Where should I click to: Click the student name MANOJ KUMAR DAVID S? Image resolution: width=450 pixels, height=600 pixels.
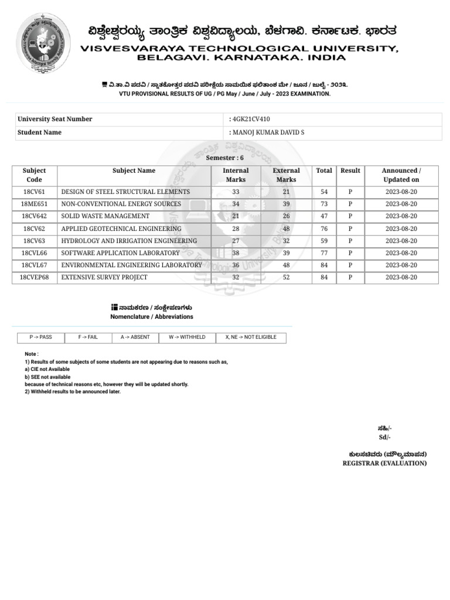tap(268, 132)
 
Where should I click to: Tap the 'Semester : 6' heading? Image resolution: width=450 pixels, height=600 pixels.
tap(225, 158)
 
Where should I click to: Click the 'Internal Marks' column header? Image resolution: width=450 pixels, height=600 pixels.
tap(236, 175)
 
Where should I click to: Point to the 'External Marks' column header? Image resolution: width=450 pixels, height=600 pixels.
tap(286, 175)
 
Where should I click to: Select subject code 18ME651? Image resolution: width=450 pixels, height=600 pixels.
tap(35, 204)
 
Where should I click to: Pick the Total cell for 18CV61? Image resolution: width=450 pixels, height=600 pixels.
tap(324, 192)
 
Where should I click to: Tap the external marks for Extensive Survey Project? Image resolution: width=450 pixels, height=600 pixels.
tap(286, 277)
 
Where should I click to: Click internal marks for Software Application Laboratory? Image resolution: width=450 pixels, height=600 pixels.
tap(236, 253)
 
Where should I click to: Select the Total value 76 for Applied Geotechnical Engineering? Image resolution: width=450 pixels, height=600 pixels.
tap(324, 229)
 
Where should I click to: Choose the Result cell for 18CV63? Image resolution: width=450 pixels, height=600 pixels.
tap(350, 241)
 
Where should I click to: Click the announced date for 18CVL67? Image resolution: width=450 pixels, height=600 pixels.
tap(401, 265)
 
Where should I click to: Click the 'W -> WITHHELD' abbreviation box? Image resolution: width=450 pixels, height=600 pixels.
tap(187, 337)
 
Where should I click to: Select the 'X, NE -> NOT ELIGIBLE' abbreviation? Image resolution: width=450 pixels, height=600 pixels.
tap(251, 337)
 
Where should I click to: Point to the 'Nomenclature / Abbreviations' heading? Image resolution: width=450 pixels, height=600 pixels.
tap(152, 316)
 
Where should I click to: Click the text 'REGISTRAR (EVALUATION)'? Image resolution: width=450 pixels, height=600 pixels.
tap(384, 463)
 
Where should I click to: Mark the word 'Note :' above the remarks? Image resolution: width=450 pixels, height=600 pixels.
tap(32, 354)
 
